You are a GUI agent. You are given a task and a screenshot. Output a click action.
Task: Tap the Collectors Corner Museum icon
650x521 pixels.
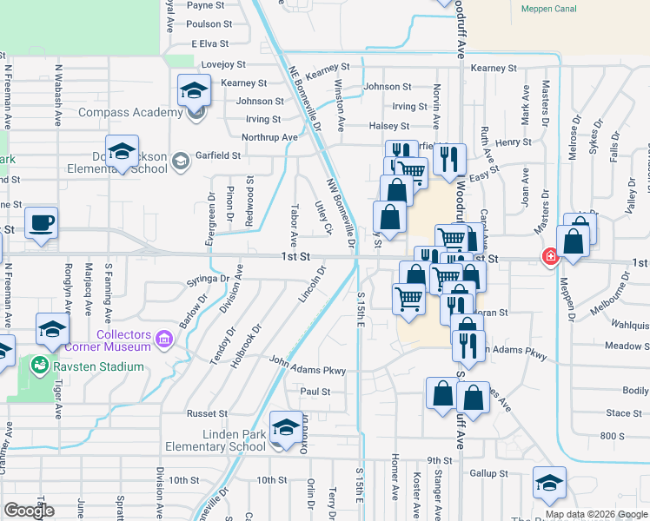pyautogui.click(x=163, y=337)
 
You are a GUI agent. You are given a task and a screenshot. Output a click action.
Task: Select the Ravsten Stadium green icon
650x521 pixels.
pyautogui.click(x=37, y=366)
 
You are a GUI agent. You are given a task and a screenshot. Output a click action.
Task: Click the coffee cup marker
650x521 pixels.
pyautogui.click(x=41, y=222)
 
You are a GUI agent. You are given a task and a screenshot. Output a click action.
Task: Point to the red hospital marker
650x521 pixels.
pyautogui.click(x=549, y=256)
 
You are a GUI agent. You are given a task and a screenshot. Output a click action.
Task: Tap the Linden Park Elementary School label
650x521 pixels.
pyautogui.click(x=215, y=440)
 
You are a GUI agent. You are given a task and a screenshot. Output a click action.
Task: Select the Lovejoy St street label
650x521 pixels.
pyautogui.click(x=223, y=64)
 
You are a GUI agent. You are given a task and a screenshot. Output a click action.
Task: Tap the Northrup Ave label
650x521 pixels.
pyautogui.click(x=269, y=137)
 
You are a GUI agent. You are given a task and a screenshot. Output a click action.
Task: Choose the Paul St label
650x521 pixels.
pyautogui.click(x=315, y=392)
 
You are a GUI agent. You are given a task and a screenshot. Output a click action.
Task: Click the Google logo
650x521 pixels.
pyautogui.click(x=29, y=511)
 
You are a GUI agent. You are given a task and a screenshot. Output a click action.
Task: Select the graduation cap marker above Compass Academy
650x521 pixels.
pyautogui.click(x=194, y=89)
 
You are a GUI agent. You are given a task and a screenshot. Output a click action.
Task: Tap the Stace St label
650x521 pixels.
pyautogui.click(x=623, y=413)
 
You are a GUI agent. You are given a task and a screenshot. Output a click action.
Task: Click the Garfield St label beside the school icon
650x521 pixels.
pyautogui.click(x=217, y=155)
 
